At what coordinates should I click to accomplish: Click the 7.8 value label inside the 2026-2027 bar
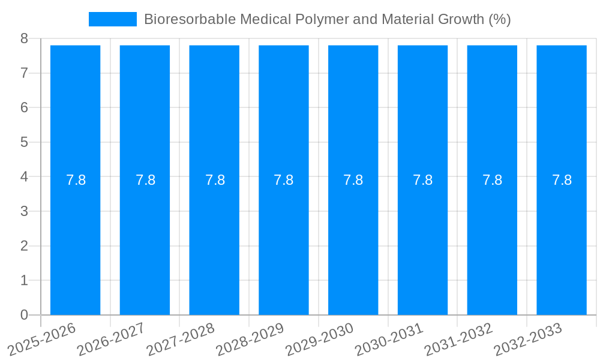(145, 180)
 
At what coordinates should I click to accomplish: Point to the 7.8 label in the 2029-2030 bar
(353, 180)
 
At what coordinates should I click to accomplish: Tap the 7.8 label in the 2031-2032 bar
(492, 180)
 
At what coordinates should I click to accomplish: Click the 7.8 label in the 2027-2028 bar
(215, 180)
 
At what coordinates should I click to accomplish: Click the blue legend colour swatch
(113, 19)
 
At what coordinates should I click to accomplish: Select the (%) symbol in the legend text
(499, 19)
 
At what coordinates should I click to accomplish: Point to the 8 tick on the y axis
(24, 38)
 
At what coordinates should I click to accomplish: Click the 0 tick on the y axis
(24, 315)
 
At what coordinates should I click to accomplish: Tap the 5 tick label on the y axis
(24, 142)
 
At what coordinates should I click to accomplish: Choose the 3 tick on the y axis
(24, 211)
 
